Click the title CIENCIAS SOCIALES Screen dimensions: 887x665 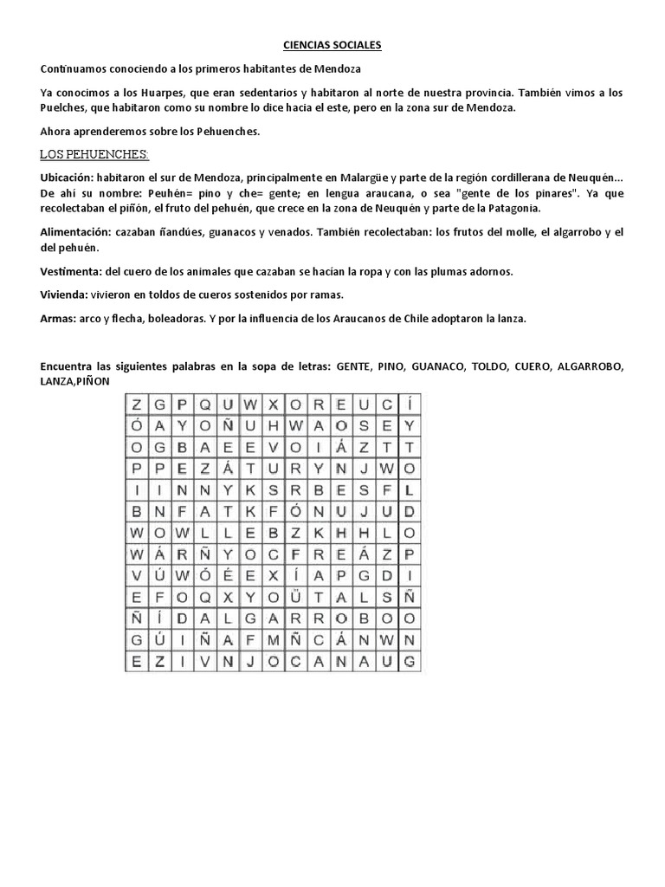[332, 44]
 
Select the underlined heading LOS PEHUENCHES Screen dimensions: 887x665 [94, 154]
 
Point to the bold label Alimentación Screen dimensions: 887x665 [74, 233]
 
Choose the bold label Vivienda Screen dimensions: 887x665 [63, 295]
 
